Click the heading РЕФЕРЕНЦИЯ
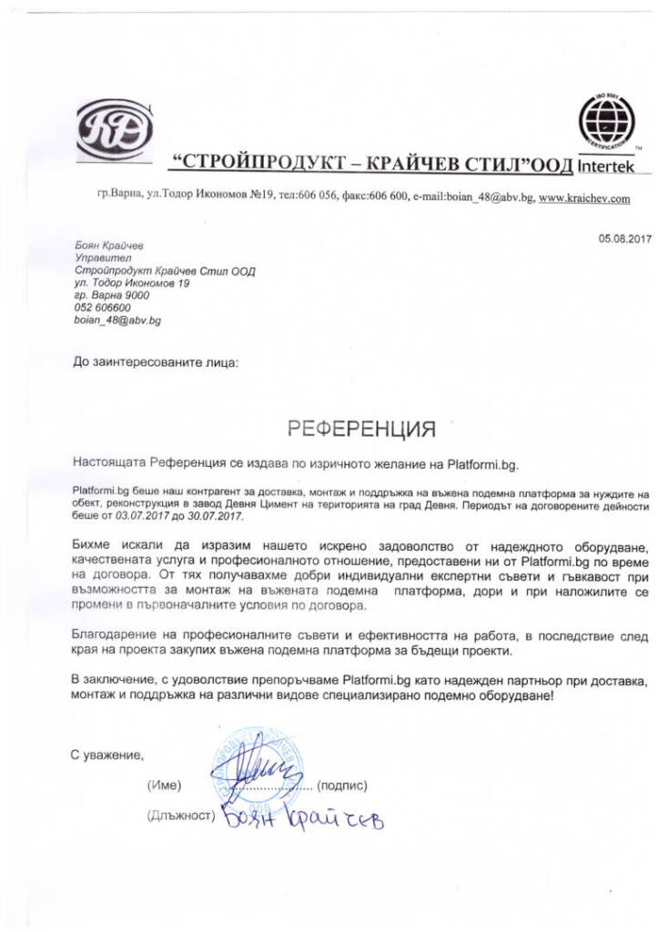click(x=362, y=427)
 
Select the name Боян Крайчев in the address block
click(x=107, y=245)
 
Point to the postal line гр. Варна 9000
click(x=111, y=296)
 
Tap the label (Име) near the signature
click(x=165, y=785)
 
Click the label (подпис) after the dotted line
click(x=345, y=785)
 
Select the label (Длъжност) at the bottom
click(x=179, y=815)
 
